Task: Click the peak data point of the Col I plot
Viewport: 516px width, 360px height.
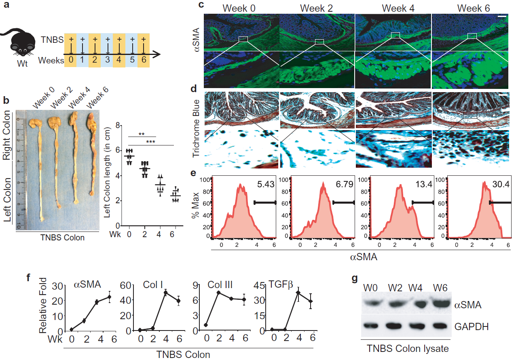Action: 165,293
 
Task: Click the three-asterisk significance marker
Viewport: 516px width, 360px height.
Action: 150,141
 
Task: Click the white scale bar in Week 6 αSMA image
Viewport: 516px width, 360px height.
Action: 502,17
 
